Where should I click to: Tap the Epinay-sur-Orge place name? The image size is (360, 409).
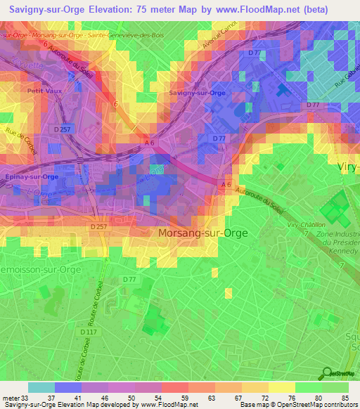coord(31,177)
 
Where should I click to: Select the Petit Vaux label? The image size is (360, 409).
coord(39,91)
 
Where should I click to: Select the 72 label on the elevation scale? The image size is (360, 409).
coord(264,398)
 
